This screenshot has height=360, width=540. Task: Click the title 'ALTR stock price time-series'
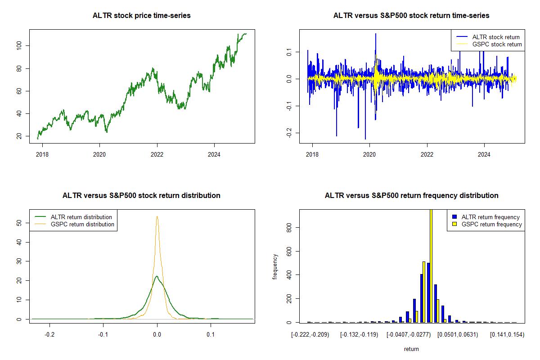click(142, 16)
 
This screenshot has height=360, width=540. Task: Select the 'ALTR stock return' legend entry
click(495, 37)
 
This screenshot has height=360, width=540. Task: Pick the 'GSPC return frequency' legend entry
click(491, 224)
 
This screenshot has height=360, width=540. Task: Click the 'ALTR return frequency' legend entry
click(490, 217)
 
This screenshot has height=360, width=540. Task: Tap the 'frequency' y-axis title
click(275, 266)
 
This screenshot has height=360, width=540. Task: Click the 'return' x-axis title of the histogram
click(411, 349)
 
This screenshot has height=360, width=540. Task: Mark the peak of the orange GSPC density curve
click(157, 217)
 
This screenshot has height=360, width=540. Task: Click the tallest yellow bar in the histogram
click(431, 265)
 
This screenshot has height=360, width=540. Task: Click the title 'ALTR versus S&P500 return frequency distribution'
click(411, 196)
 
